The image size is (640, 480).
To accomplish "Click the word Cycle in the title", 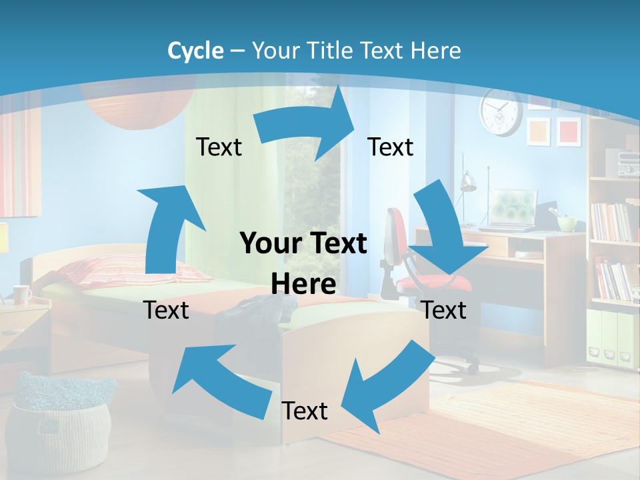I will [x=195, y=51].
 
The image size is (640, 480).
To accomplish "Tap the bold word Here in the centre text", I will [x=303, y=284].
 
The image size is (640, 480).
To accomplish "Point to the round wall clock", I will [x=500, y=112].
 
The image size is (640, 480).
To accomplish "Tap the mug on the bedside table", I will [x=21, y=294].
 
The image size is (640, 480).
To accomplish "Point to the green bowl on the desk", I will [x=567, y=223].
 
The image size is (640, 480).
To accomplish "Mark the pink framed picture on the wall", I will [x=569, y=131].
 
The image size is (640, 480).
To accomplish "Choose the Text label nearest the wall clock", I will [x=391, y=147].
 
